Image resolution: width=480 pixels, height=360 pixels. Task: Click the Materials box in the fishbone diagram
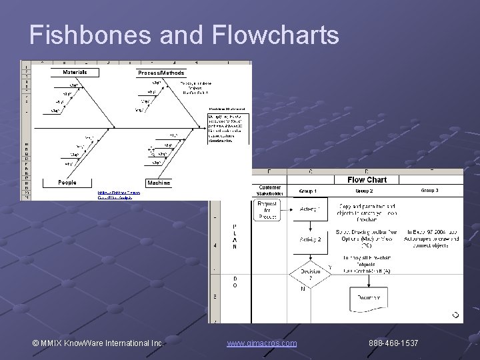click(74, 72)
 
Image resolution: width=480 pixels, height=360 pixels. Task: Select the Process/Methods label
click(161, 73)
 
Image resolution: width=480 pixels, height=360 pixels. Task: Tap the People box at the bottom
click(67, 182)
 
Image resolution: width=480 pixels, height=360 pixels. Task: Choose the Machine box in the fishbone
click(159, 182)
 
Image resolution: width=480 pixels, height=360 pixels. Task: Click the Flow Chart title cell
click(367, 179)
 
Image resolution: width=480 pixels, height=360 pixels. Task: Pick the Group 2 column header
click(368, 191)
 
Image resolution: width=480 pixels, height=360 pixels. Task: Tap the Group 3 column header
click(429, 191)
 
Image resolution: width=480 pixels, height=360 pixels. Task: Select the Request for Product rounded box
click(268, 210)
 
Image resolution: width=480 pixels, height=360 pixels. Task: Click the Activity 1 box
click(309, 209)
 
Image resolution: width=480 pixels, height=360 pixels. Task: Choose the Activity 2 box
click(309, 239)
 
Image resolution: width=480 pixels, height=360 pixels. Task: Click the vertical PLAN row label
click(234, 237)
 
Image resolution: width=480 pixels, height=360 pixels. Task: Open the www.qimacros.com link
click(262, 343)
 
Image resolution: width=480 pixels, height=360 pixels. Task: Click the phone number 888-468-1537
click(393, 343)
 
